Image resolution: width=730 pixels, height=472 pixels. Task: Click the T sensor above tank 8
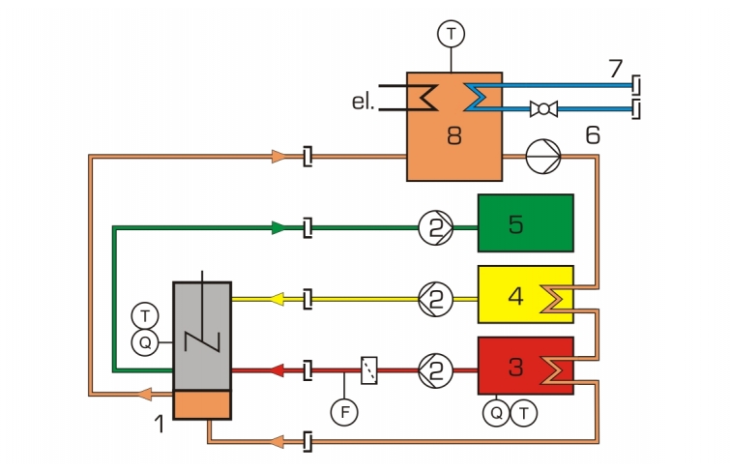pos(451,34)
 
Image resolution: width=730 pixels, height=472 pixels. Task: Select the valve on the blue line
pos(543,109)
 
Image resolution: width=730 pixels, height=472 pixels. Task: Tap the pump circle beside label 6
pos(543,157)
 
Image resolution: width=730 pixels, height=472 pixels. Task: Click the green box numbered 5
pos(526,223)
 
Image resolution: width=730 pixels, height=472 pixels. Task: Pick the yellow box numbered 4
pos(526,294)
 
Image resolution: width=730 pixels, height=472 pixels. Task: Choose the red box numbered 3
pos(526,366)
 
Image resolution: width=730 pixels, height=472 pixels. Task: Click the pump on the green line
pos(435,228)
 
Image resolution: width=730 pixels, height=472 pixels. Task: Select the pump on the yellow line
pos(435,299)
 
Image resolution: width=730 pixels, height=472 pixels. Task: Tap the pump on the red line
pos(435,370)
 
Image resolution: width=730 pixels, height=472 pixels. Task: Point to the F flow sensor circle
pos(344,412)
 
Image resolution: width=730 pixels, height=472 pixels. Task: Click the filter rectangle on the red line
pos(369,370)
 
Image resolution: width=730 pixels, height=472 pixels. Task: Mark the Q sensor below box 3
pos(496,413)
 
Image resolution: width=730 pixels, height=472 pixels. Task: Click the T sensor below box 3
pos(524,413)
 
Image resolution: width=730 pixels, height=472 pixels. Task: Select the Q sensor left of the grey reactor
pos(145,343)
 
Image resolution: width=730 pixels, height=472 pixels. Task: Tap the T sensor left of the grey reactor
pos(145,316)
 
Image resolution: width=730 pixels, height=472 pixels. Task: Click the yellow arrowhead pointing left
pos(277,299)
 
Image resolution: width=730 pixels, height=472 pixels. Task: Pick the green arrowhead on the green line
pos(278,228)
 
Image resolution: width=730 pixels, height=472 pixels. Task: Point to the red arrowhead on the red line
pos(277,370)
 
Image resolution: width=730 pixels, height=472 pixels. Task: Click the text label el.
pos(364,102)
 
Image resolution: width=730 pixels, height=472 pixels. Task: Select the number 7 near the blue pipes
pos(616,69)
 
